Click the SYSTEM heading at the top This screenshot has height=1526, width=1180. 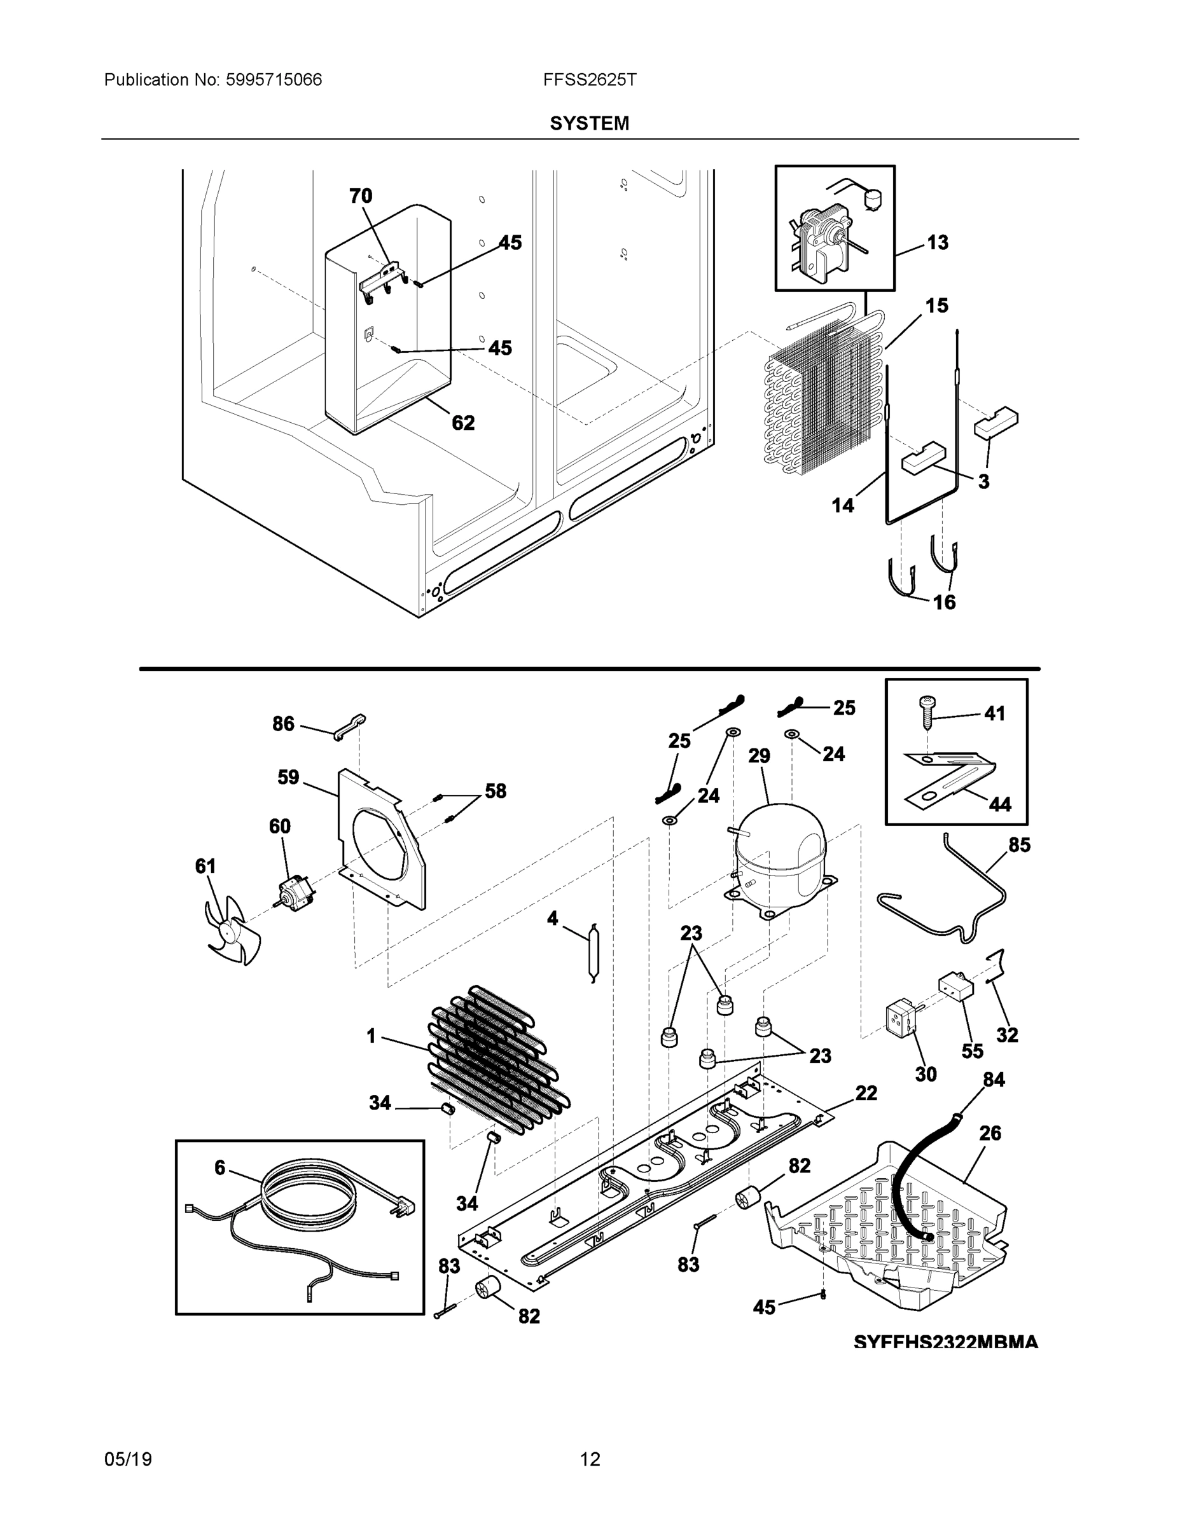tap(589, 124)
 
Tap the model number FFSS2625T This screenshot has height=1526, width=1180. tap(589, 79)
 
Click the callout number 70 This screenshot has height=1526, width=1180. tap(361, 196)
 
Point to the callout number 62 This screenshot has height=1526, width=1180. tap(462, 423)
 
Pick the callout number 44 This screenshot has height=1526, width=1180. tap(999, 804)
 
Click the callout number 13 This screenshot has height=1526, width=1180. tap(938, 242)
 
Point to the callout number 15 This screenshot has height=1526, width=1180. tap(937, 305)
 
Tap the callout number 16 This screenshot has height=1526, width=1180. tap(945, 602)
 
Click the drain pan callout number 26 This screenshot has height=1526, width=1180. tap(990, 1132)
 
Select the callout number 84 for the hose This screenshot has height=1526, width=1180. tap(994, 1080)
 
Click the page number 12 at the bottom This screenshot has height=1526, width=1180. tap(590, 1460)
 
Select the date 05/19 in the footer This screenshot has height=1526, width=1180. tap(128, 1460)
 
